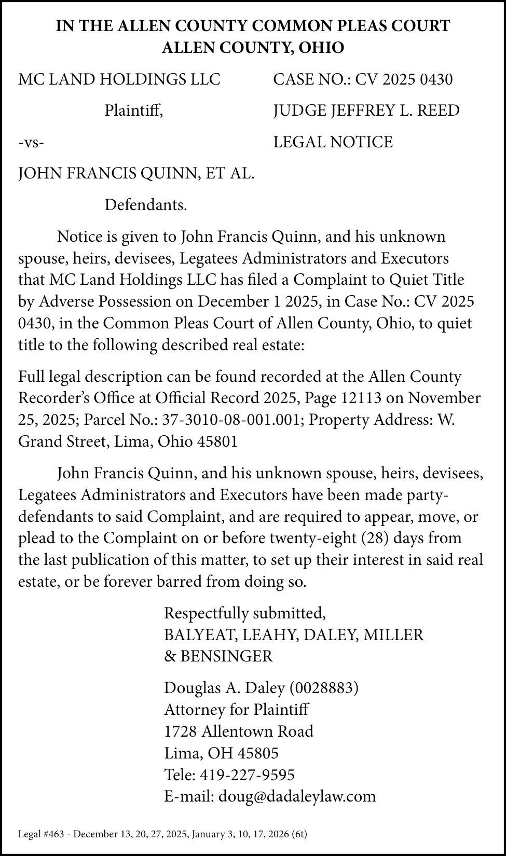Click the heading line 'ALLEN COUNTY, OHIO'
click(x=253, y=48)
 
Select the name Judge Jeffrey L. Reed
click(x=366, y=111)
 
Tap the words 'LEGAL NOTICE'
click(x=333, y=142)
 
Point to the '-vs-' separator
click(x=31, y=142)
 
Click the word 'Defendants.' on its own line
click(x=145, y=205)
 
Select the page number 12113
click(x=362, y=398)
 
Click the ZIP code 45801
click(x=218, y=441)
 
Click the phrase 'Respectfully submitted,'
click(x=244, y=613)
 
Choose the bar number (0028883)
click(x=324, y=688)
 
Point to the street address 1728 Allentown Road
click(x=239, y=731)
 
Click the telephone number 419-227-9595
click(x=247, y=775)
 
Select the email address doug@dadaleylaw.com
click(x=297, y=796)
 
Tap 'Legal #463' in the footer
click(x=40, y=834)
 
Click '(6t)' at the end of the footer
click(x=299, y=834)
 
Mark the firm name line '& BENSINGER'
click(x=218, y=656)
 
